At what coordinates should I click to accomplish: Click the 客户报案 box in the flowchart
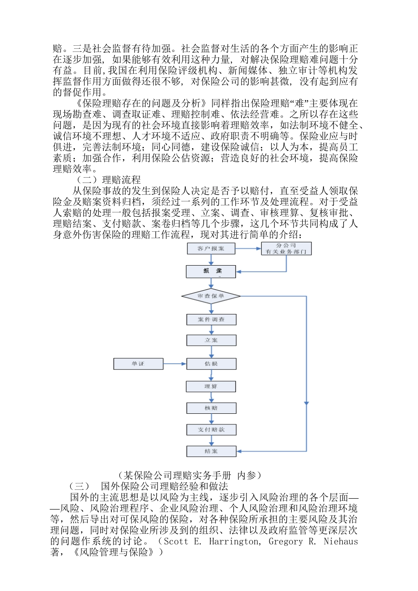pos(211,248)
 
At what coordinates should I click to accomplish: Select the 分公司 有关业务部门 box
pos(286,248)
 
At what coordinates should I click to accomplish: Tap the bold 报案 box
pos(211,271)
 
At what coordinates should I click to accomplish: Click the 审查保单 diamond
pos(211,296)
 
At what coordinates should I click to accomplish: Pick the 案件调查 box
pos(211,320)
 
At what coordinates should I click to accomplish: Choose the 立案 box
pos(211,340)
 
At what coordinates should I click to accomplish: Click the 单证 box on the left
pos(138,364)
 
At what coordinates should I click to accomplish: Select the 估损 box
pos(211,364)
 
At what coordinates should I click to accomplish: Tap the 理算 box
pos(211,387)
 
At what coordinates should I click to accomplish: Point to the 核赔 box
pos(211,408)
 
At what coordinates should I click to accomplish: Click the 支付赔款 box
pos(211,430)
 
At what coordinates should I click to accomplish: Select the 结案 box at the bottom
pos(211,451)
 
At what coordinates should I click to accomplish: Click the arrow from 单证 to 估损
pos(175,364)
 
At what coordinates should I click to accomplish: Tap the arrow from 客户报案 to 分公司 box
pos(248,248)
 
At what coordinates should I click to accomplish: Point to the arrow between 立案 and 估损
pos(211,352)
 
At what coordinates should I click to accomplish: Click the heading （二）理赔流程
pos(108,180)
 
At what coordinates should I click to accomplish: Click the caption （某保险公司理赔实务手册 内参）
pos(190,475)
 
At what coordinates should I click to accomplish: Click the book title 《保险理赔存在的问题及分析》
pos(141,103)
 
